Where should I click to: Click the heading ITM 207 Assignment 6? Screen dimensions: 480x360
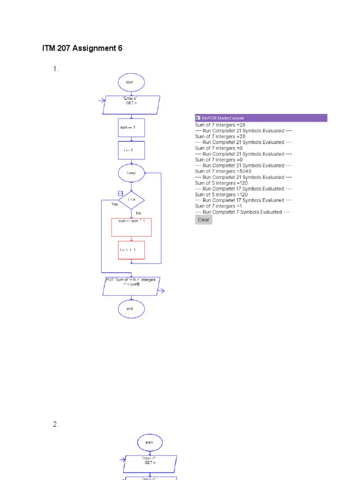82,48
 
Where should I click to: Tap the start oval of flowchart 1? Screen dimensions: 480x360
131,82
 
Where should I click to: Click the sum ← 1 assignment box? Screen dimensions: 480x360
131,127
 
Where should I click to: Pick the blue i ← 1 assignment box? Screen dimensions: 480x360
131,150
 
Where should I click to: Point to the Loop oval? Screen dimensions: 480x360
131,172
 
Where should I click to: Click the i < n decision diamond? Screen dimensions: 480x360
131,200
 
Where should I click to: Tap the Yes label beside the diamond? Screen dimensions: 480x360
115,204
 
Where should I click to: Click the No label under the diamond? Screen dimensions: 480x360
138,213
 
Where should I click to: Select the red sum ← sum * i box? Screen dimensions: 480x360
131,227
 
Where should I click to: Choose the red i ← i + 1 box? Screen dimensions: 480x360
131,250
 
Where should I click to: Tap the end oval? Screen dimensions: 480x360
131,309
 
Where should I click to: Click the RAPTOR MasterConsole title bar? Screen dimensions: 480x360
261,118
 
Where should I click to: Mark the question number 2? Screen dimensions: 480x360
56,424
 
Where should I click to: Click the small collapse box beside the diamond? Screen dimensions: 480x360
120,193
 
